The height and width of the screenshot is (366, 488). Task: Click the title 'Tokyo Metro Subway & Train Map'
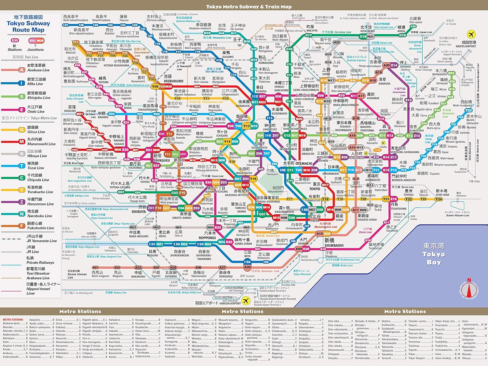click(249, 7)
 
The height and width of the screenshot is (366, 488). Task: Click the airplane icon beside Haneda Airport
click(246, 301)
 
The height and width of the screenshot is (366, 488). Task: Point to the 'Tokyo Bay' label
click(434, 254)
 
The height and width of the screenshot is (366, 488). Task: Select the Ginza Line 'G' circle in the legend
click(22, 130)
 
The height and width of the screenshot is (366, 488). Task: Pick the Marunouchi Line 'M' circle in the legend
click(22, 142)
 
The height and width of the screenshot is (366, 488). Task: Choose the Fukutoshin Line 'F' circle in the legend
click(22, 226)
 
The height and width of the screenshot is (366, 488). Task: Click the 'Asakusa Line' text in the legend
click(38, 70)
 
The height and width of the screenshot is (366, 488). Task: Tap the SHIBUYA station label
click(139, 211)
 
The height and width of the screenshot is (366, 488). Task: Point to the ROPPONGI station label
click(207, 238)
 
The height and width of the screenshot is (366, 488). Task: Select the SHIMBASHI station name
click(334, 245)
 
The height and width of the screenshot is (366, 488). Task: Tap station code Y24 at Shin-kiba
click(439, 199)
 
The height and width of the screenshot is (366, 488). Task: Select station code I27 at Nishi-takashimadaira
click(66, 25)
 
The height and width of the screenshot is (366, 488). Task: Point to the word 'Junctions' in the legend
click(35, 49)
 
